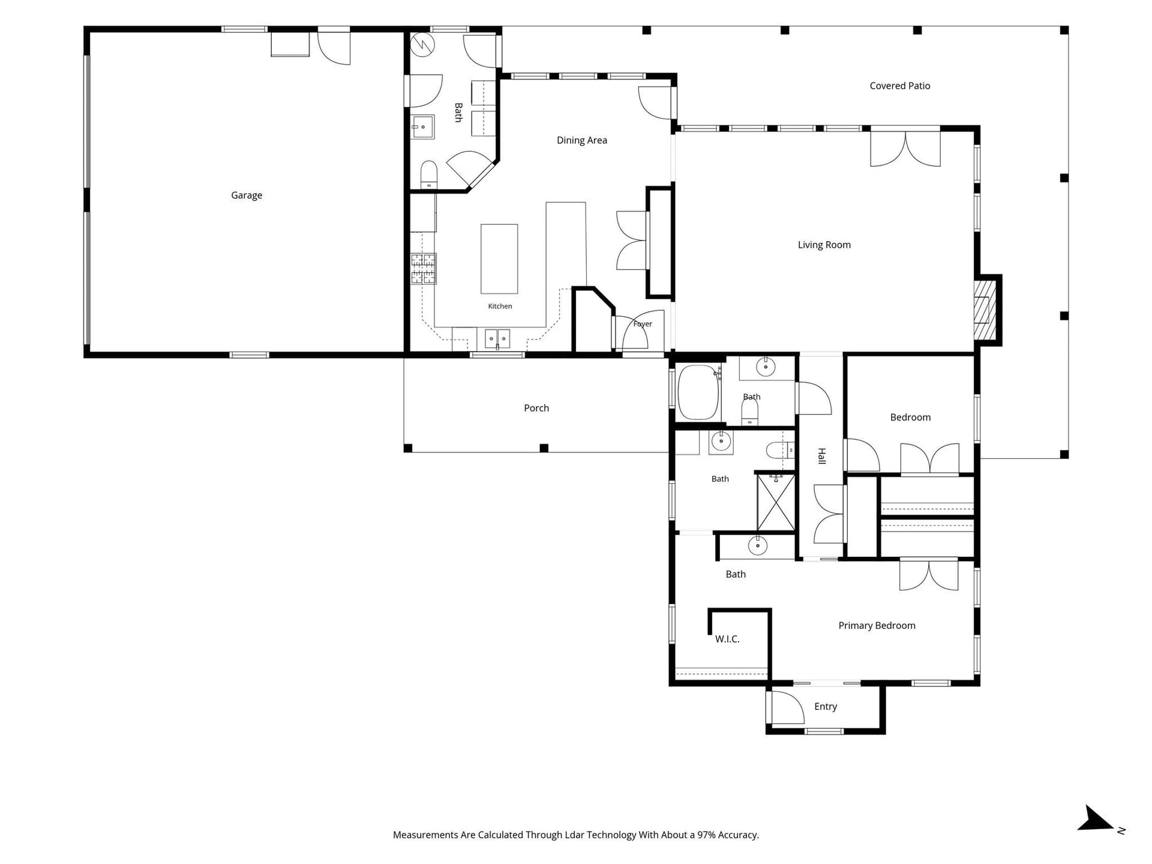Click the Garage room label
(x=247, y=195)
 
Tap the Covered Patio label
(x=900, y=86)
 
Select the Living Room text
(x=824, y=245)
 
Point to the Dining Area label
(x=582, y=140)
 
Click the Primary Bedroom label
(x=877, y=626)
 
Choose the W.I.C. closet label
(x=727, y=639)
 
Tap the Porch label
(x=536, y=408)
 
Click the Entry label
(x=826, y=707)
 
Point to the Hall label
(x=822, y=456)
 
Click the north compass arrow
(x=1097, y=820)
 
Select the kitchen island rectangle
(x=499, y=259)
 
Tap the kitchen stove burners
(x=423, y=268)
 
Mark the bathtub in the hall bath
(x=698, y=392)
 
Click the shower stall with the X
(x=776, y=503)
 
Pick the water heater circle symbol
(x=422, y=45)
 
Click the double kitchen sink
(x=497, y=338)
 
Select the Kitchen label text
(x=500, y=306)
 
